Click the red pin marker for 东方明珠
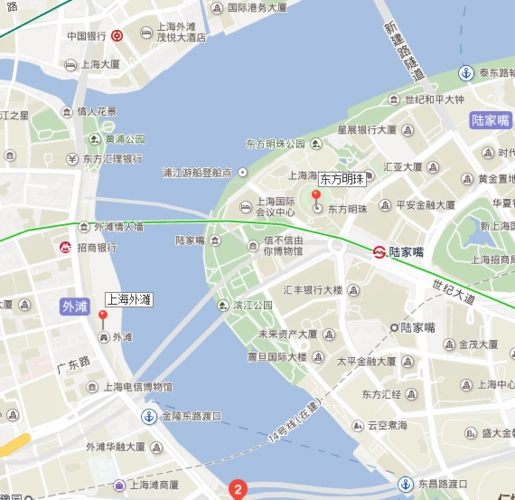316,196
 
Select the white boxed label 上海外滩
129,299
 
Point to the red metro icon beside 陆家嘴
379,252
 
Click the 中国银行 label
87,36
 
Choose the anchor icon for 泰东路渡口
465,73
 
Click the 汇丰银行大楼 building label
313,290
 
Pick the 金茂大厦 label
478,344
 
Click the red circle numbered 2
237,489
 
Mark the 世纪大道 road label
454,292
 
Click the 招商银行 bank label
97,246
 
